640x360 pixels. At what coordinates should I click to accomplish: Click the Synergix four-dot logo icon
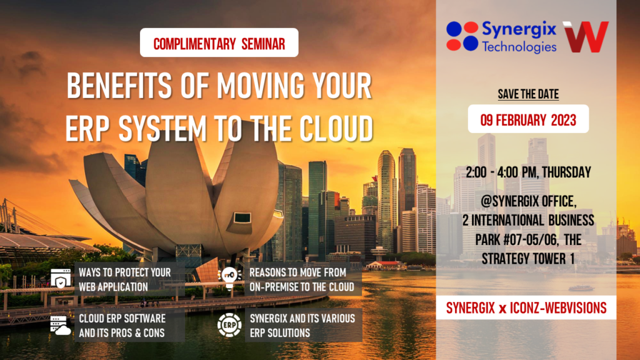(x=462, y=36)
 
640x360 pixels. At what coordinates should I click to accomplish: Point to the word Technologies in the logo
(x=519, y=46)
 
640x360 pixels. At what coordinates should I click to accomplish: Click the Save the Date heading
(x=528, y=94)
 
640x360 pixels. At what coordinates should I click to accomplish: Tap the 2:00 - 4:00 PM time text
(x=528, y=171)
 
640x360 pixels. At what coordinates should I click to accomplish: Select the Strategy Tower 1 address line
(x=528, y=257)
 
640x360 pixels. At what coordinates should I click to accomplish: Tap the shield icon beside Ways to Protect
(x=61, y=279)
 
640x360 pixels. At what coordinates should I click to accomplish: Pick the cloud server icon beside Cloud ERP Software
(x=61, y=326)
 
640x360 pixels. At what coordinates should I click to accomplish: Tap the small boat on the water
(x=581, y=288)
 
